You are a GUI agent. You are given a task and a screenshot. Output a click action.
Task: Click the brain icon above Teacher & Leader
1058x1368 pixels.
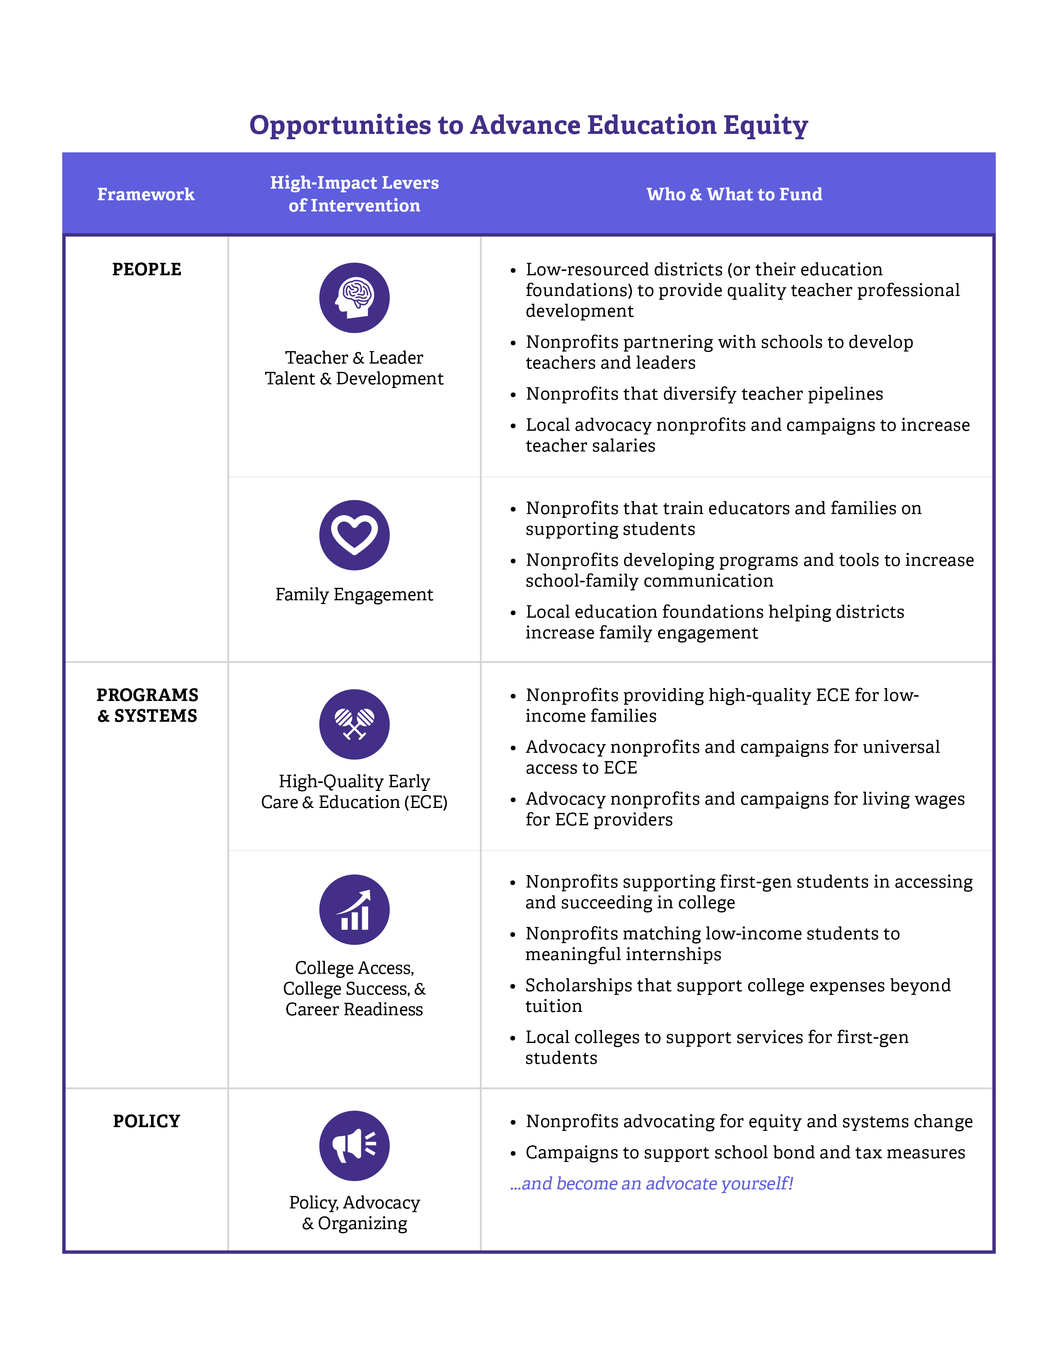[354, 298]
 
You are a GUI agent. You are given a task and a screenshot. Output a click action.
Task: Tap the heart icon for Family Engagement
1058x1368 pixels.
[354, 535]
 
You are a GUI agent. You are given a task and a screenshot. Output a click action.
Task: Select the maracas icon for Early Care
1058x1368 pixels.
[354, 724]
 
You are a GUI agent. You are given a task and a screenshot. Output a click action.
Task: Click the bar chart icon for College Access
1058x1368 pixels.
[354, 910]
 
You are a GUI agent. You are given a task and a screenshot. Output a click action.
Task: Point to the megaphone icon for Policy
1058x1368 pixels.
[354, 1146]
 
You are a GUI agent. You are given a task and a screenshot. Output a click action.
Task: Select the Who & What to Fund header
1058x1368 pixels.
[734, 194]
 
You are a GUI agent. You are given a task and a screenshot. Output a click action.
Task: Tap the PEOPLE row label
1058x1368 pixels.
[146, 269]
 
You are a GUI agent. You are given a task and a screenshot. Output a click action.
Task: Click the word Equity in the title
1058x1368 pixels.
[765, 125]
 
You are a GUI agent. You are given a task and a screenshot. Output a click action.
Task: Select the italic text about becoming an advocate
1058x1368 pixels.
[652, 1183]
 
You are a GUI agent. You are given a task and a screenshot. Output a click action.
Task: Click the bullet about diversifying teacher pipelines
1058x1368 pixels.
[704, 393]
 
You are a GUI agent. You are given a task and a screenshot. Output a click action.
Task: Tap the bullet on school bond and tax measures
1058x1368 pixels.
[745, 1152]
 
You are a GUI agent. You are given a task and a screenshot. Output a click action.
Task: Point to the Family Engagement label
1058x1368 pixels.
[354, 594]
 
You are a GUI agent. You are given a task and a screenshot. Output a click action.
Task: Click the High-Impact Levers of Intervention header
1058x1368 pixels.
[354, 194]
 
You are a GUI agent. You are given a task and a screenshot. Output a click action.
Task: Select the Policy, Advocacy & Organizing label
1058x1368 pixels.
[354, 1213]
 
